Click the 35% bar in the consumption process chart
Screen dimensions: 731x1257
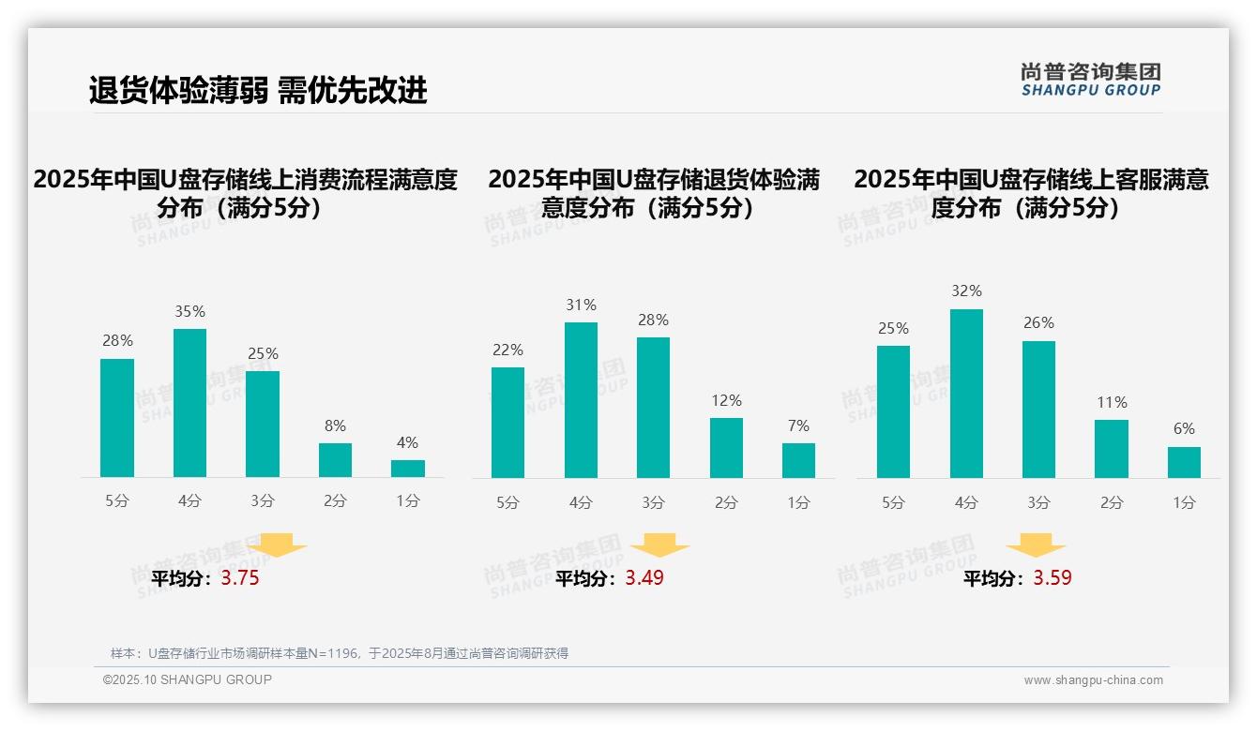[189, 403]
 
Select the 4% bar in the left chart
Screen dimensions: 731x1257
[408, 469]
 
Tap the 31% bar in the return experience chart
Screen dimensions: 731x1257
[581, 400]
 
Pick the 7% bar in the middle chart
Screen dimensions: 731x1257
[798, 460]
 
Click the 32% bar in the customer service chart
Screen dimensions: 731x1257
[966, 394]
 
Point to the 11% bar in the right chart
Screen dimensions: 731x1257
[1112, 449]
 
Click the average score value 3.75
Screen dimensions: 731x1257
[240, 578]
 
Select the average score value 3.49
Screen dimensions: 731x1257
[644, 578]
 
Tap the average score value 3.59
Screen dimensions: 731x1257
[1053, 578]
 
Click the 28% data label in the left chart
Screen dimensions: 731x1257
[117, 341]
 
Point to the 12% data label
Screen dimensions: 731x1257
[726, 400]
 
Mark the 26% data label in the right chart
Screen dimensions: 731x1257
[1038, 323]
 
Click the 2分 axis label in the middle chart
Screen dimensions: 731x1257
[726, 502]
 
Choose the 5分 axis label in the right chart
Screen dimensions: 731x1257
[893, 502]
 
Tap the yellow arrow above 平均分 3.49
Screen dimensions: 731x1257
[660, 545]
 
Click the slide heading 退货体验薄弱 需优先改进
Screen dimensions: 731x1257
[258, 90]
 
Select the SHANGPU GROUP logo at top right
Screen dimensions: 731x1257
[1091, 80]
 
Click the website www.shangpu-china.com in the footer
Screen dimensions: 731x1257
[1093, 680]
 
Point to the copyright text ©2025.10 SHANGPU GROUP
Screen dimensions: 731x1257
[188, 679]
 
